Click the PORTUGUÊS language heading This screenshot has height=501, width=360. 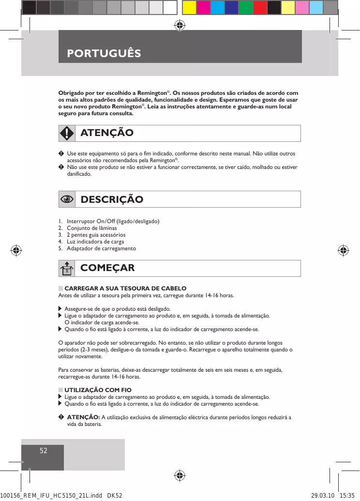click(x=104, y=53)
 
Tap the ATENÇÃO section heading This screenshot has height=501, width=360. click(x=106, y=133)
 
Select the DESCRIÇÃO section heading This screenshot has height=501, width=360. click(x=112, y=199)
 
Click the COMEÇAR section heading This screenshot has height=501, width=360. click(x=107, y=268)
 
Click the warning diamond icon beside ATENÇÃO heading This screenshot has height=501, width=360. click(x=67, y=133)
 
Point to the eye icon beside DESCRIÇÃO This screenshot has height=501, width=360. click(x=67, y=199)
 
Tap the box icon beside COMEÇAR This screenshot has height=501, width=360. click(x=67, y=268)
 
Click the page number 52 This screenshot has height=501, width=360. click(x=44, y=451)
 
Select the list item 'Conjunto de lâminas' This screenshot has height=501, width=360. click(x=91, y=228)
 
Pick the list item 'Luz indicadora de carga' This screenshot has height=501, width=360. click(x=95, y=242)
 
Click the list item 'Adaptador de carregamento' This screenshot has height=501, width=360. click(x=101, y=248)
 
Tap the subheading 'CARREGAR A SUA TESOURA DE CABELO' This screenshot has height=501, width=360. click(x=125, y=288)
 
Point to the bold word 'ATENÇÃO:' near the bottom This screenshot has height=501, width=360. click(x=83, y=417)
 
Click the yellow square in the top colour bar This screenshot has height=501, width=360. click(x=189, y=7)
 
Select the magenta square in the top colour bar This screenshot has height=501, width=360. click(x=203, y=7)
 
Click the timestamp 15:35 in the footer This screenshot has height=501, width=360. click(x=347, y=496)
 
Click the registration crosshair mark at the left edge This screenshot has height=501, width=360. click(x=16, y=250)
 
